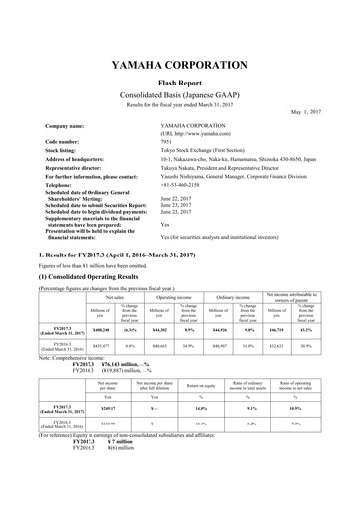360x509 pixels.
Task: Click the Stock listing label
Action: [x=63, y=150]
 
